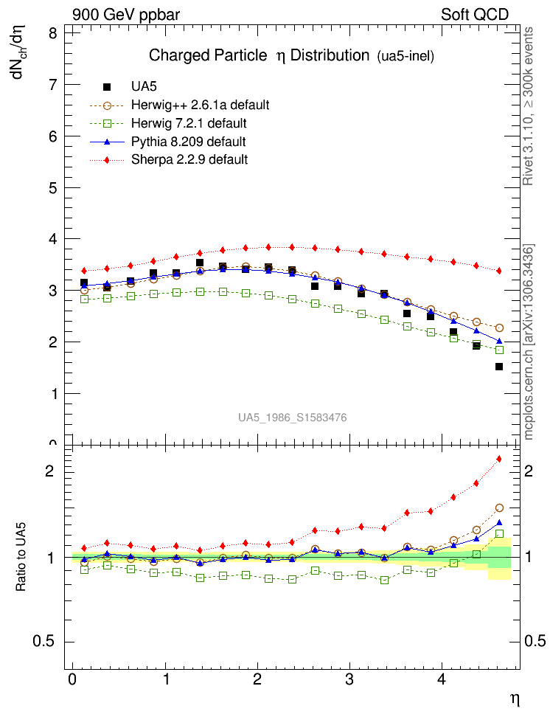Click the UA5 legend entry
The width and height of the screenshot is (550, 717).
tap(144, 86)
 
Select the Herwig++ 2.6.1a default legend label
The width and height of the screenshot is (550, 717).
tap(200, 105)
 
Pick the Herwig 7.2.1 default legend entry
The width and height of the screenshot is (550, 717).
tap(189, 123)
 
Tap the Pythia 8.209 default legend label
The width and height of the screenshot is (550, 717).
tap(188, 142)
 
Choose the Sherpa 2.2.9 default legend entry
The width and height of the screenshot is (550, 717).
tap(189, 159)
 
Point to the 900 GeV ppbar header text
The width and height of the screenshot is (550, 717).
tap(126, 14)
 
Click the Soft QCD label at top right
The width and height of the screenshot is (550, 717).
tap(474, 14)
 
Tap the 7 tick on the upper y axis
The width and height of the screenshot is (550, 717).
tap(53, 85)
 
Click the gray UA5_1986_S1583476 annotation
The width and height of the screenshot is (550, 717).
tap(292, 418)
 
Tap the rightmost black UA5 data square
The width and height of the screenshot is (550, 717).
tap(499, 367)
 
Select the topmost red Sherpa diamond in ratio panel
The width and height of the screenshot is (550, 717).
tap(499, 459)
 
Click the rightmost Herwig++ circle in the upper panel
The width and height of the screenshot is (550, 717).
tap(499, 328)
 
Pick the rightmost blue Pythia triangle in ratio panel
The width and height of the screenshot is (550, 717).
tap(499, 522)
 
